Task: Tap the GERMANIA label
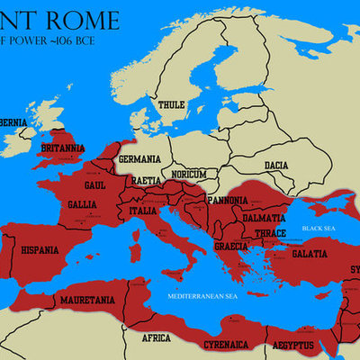tap(139, 159)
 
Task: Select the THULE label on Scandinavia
tap(171, 105)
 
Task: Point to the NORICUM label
tap(190, 174)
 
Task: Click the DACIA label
tap(276, 166)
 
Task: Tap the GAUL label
tap(95, 184)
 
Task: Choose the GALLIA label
tap(83, 205)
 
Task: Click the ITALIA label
tap(142, 211)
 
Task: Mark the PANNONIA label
tap(227, 201)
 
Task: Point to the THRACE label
tap(270, 233)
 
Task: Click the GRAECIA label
tap(231, 246)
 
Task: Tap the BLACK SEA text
tap(318, 229)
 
